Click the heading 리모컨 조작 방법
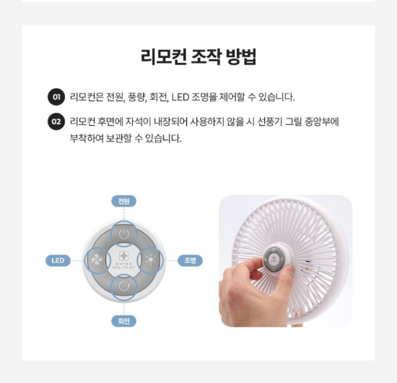tap(198, 57)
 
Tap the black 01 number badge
tap(56, 97)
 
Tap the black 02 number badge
tap(56, 121)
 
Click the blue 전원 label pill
tap(124, 202)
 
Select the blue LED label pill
tap(58, 261)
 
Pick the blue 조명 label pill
tap(190, 261)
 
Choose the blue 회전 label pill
tap(124, 321)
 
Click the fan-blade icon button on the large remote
tap(97, 260)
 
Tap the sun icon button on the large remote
tap(150, 260)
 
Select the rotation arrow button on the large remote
tap(124, 287)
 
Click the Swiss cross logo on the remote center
tap(124, 256)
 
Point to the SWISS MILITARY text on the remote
tap(124, 266)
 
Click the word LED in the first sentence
tap(180, 97)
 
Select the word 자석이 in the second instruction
tap(139, 121)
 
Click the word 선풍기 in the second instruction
tap(270, 121)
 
